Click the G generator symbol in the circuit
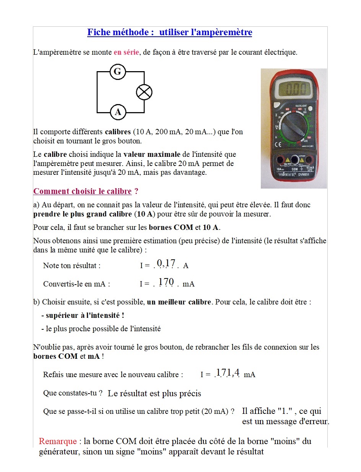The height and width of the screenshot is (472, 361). (118, 72)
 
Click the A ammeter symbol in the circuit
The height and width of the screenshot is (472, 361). (118, 112)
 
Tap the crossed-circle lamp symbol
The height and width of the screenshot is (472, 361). (144, 92)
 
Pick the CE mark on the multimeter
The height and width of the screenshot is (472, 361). (278, 144)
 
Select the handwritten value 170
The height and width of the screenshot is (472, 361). (166, 282)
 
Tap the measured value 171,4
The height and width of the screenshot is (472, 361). (228, 372)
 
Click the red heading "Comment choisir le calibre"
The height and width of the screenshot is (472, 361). (83, 191)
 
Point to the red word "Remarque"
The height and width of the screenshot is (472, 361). (58, 441)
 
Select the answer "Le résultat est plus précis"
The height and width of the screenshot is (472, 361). (154, 393)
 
